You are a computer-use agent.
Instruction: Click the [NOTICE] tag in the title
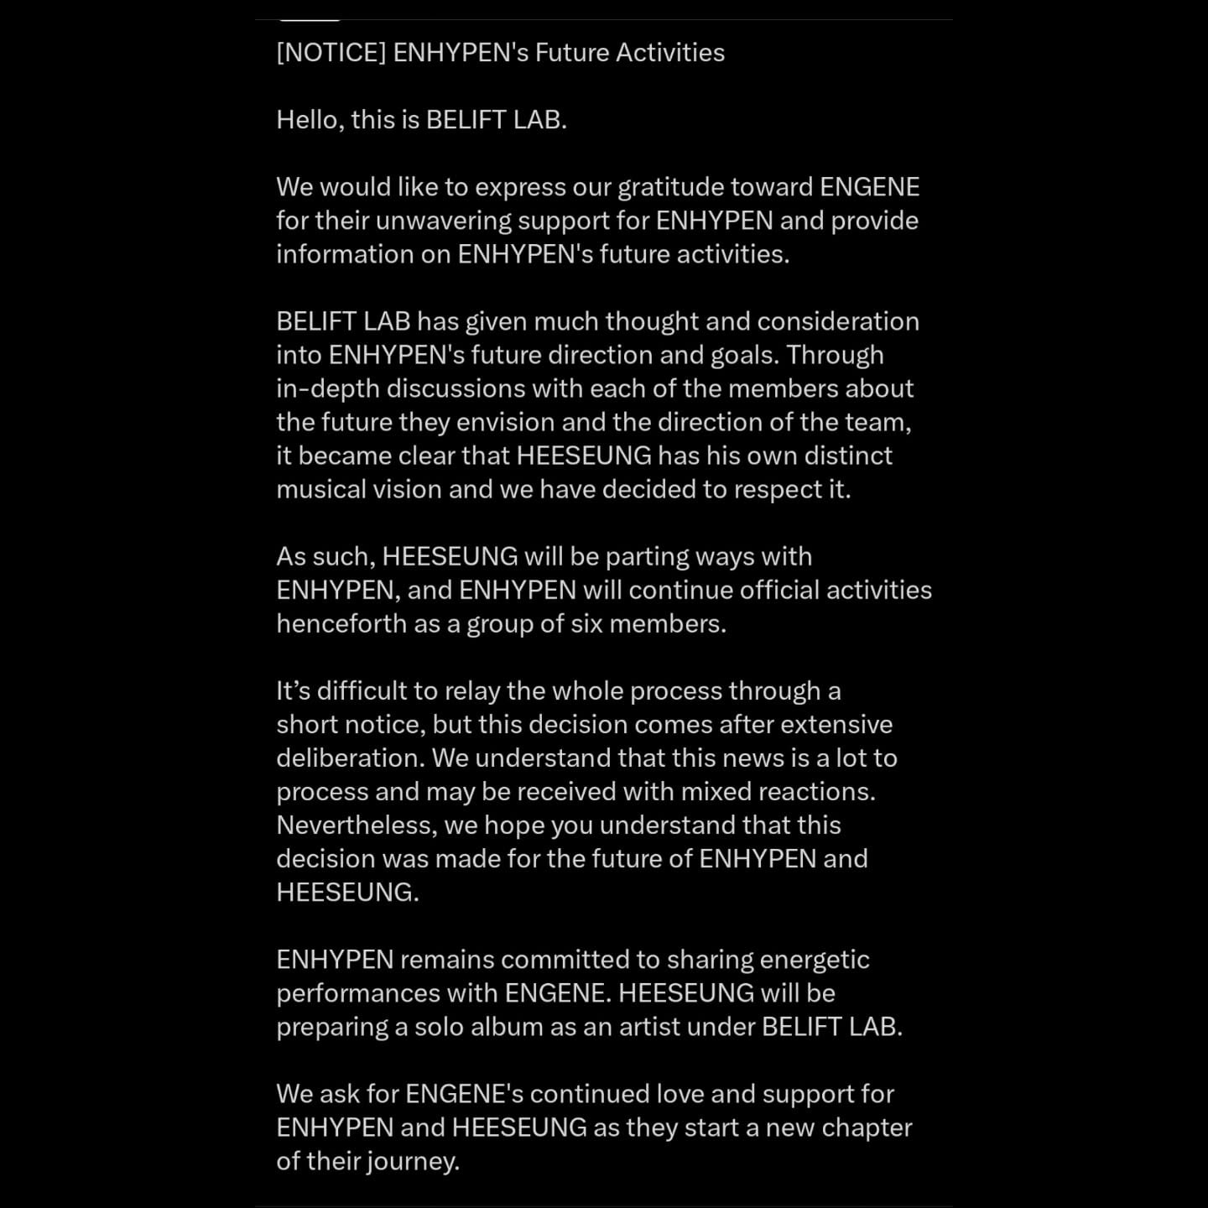click(331, 53)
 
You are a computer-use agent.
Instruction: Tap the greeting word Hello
click(308, 120)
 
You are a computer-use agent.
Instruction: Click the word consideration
click(838, 321)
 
